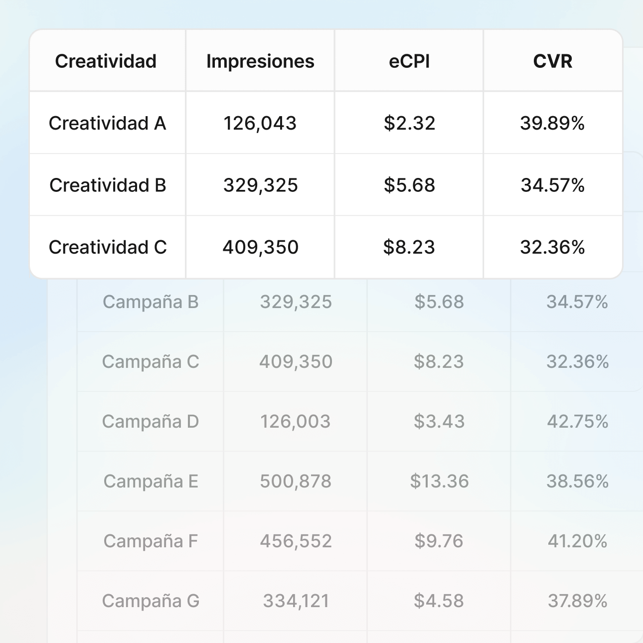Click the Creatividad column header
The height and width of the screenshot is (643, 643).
coord(106,61)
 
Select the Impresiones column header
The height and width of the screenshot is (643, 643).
coord(260,61)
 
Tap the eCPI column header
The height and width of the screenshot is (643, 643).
coord(409,61)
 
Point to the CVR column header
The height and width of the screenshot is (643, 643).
coord(553,61)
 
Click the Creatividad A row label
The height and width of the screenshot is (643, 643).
coord(107,123)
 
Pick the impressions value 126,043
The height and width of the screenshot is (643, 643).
coord(260,123)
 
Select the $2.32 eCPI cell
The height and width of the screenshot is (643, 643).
coord(409,123)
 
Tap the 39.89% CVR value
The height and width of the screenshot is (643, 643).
coord(552,123)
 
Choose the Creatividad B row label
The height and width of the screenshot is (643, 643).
coord(108,185)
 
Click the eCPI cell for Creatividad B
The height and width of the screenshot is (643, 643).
coord(409,185)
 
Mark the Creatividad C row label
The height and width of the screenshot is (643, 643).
coord(108,247)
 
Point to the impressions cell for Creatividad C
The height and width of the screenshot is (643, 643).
coord(260,247)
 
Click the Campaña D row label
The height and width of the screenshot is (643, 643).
coord(151,422)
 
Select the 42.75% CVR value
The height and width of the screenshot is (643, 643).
coord(578,422)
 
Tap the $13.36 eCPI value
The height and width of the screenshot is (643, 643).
coord(439,482)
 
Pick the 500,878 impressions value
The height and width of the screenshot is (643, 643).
coord(296,482)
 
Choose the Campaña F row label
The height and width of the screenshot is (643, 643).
coord(151,541)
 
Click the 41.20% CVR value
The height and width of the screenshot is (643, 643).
coord(578,541)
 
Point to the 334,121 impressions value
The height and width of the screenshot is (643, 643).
coord(296,601)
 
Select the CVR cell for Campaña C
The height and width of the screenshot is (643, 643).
coord(578,362)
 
